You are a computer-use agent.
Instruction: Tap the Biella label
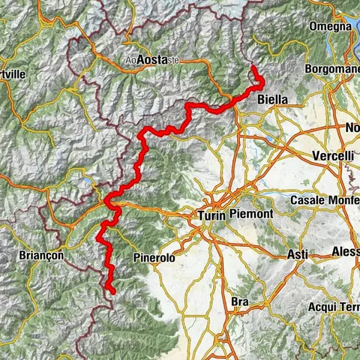tap(272, 98)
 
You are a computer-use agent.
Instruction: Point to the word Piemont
tap(259, 215)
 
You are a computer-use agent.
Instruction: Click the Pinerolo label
tap(154, 257)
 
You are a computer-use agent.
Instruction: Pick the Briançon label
tap(42, 255)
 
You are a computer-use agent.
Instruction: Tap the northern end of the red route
tap(254, 69)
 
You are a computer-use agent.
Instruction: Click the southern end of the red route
tap(112, 291)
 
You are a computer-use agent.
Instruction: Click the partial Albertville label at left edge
tap(13, 76)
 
